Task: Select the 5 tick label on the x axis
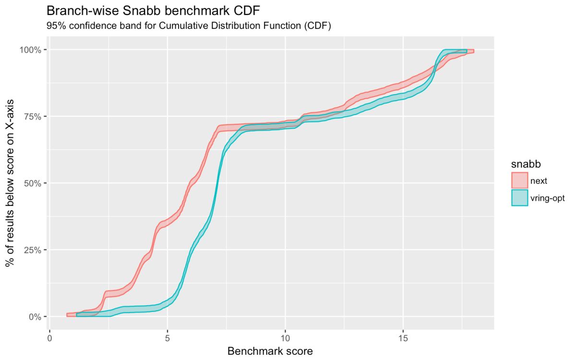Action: [x=168, y=338]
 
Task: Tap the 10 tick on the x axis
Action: [x=285, y=338]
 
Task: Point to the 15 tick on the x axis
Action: [x=403, y=338]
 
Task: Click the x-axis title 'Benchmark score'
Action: [x=270, y=351]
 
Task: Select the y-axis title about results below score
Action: [x=11, y=183]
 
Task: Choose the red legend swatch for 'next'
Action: [x=519, y=180]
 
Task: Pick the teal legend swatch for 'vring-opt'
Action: [x=519, y=197]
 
